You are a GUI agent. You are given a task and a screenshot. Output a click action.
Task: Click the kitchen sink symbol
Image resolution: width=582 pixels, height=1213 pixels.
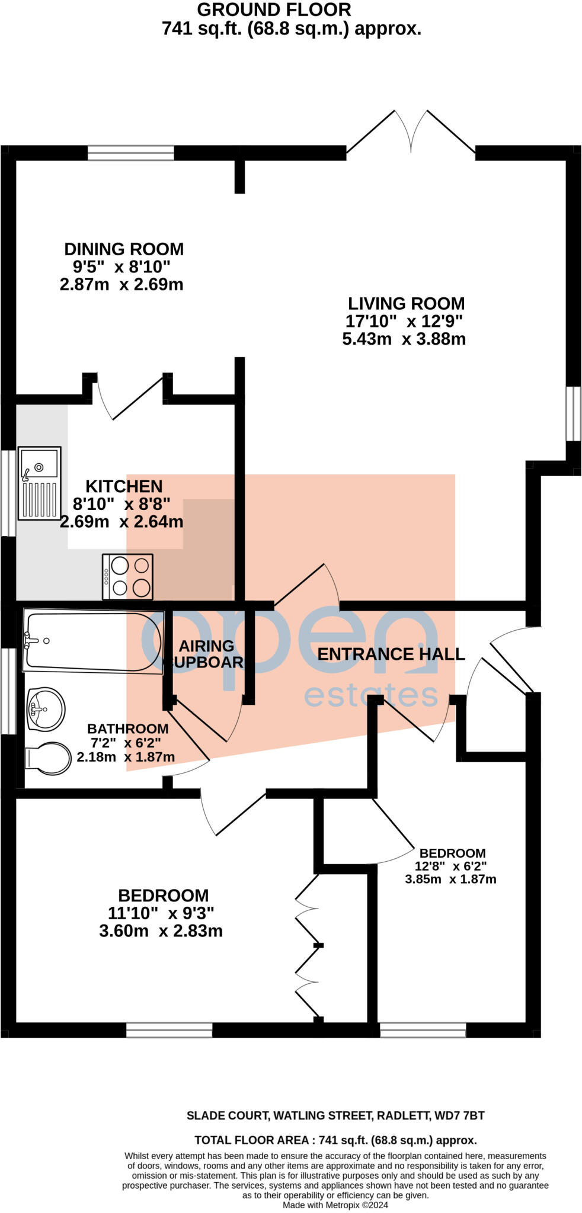39,483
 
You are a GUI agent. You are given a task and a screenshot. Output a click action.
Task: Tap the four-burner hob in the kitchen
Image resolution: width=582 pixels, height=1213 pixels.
127,576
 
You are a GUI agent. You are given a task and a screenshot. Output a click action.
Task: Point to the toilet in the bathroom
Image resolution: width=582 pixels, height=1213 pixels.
47,758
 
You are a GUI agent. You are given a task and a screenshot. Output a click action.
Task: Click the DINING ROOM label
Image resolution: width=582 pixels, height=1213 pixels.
124,249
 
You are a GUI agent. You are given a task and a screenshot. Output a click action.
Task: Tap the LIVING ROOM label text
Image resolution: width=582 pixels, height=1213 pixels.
406,304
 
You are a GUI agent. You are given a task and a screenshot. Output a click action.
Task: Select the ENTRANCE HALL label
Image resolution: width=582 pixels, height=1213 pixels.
391,654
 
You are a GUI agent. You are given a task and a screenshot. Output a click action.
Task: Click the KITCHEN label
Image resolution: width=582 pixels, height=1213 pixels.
124,486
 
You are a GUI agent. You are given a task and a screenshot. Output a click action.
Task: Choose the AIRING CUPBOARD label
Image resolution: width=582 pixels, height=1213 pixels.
207,654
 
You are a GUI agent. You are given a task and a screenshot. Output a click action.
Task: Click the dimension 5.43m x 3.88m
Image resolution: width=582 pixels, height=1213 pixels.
404,339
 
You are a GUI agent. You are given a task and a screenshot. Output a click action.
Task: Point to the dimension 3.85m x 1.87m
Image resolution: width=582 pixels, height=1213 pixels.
450,879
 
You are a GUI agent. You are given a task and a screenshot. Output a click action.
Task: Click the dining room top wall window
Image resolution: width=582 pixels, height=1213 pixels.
131,153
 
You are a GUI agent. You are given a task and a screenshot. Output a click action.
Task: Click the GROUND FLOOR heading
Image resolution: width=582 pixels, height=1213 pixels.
274,9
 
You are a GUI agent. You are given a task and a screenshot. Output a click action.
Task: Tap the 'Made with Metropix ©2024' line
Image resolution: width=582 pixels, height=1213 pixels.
335,1205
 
